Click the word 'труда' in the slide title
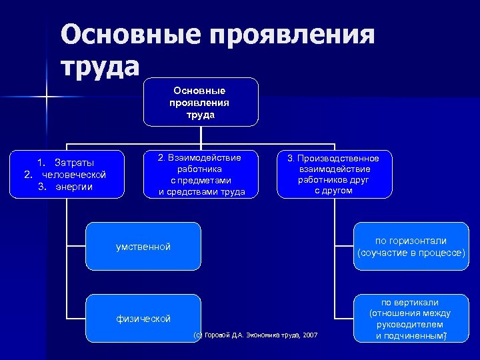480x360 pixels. click(x=100, y=66)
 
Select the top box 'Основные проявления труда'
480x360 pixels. click(x=200, y=102)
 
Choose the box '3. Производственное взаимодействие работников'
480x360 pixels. click(x=333, y=175)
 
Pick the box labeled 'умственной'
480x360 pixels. click(x=143, y=247)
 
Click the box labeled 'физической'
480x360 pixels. click(x=143, y=319)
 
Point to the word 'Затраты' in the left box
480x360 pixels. click(x=74, y=163)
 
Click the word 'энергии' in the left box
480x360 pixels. click(x=74, y=187)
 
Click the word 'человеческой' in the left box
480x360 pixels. click(x=74, y=175)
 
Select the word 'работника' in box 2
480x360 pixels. click(x=199, y=169)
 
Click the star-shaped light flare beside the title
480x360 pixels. click(x=47, y=98)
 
